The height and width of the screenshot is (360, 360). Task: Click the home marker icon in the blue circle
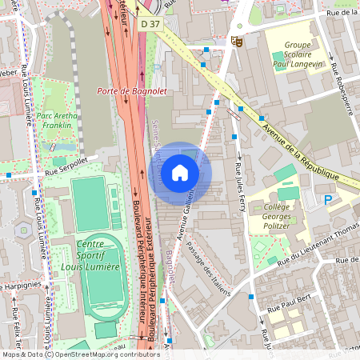(x=180, y=172)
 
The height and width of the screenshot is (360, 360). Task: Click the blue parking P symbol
(x=327, y=199)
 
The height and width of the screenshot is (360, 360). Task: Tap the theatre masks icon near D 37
(x=236, y=40)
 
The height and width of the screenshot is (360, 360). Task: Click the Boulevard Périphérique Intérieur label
(x=147, y=264)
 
